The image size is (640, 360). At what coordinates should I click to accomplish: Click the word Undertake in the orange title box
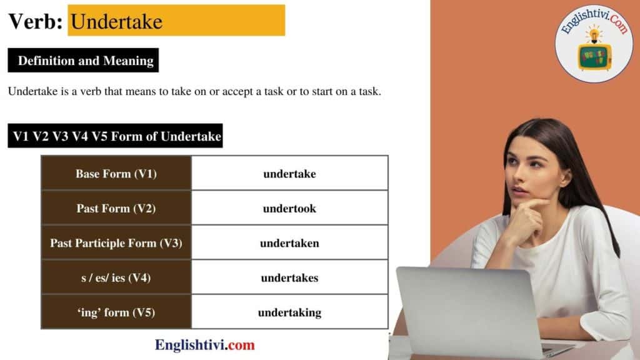117,22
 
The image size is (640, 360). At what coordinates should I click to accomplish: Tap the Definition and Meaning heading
86,61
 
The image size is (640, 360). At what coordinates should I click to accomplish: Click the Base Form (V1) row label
116,174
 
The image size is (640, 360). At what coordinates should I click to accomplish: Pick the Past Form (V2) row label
116,208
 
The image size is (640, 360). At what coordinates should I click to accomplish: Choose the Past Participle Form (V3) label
116,243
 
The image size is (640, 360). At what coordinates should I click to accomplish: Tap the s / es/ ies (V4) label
116,277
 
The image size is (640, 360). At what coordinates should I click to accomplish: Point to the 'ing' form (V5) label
116,312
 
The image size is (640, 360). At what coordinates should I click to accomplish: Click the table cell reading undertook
289,208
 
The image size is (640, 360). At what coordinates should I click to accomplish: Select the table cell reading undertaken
289,243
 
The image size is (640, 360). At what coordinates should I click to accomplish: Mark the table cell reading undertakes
289,277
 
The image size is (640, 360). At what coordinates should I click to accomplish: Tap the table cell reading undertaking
289,312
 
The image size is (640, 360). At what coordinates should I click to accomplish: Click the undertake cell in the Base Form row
289,174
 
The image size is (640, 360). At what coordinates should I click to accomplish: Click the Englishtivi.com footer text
205,344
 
